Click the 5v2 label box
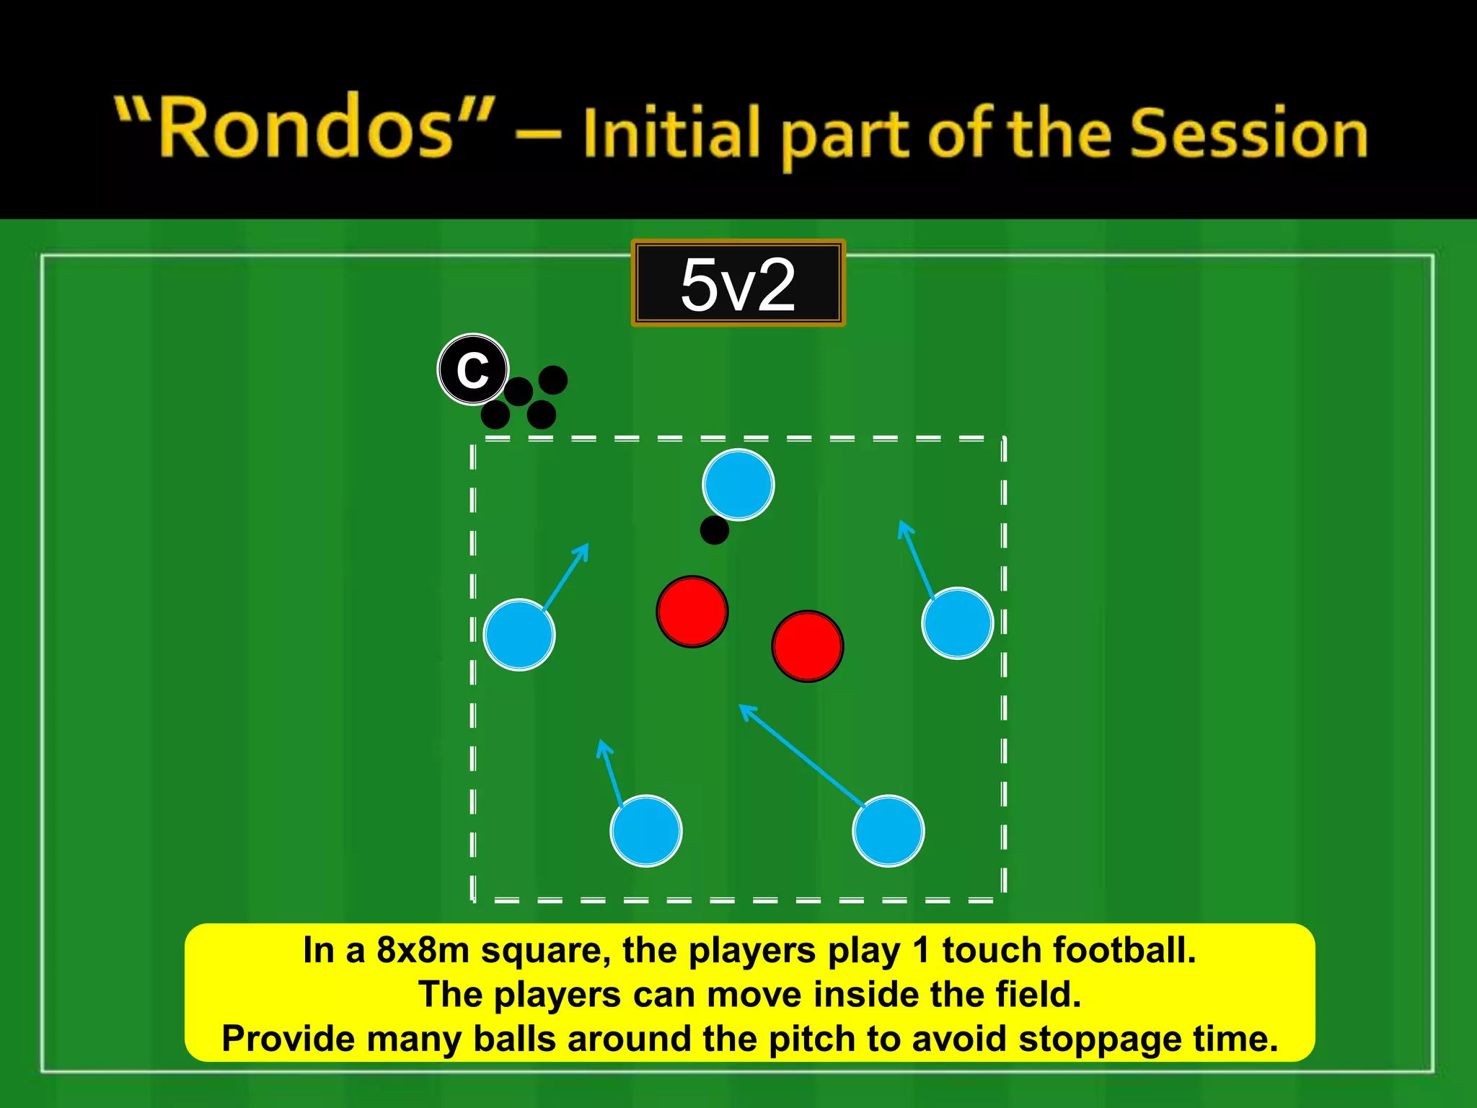[738, 283]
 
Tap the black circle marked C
[473, 369]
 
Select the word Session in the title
[1248, 134]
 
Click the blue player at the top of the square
[738, 485]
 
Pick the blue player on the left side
[519, 635]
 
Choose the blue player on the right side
[957, 623]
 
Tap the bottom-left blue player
[645, 831]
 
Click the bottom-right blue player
[888, 831]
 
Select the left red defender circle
[692, 612]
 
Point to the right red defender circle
[807, 646]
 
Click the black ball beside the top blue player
[714, 530]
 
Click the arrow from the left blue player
[566, 576]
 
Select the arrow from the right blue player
[916, 560]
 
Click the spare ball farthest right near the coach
[553, 379]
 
